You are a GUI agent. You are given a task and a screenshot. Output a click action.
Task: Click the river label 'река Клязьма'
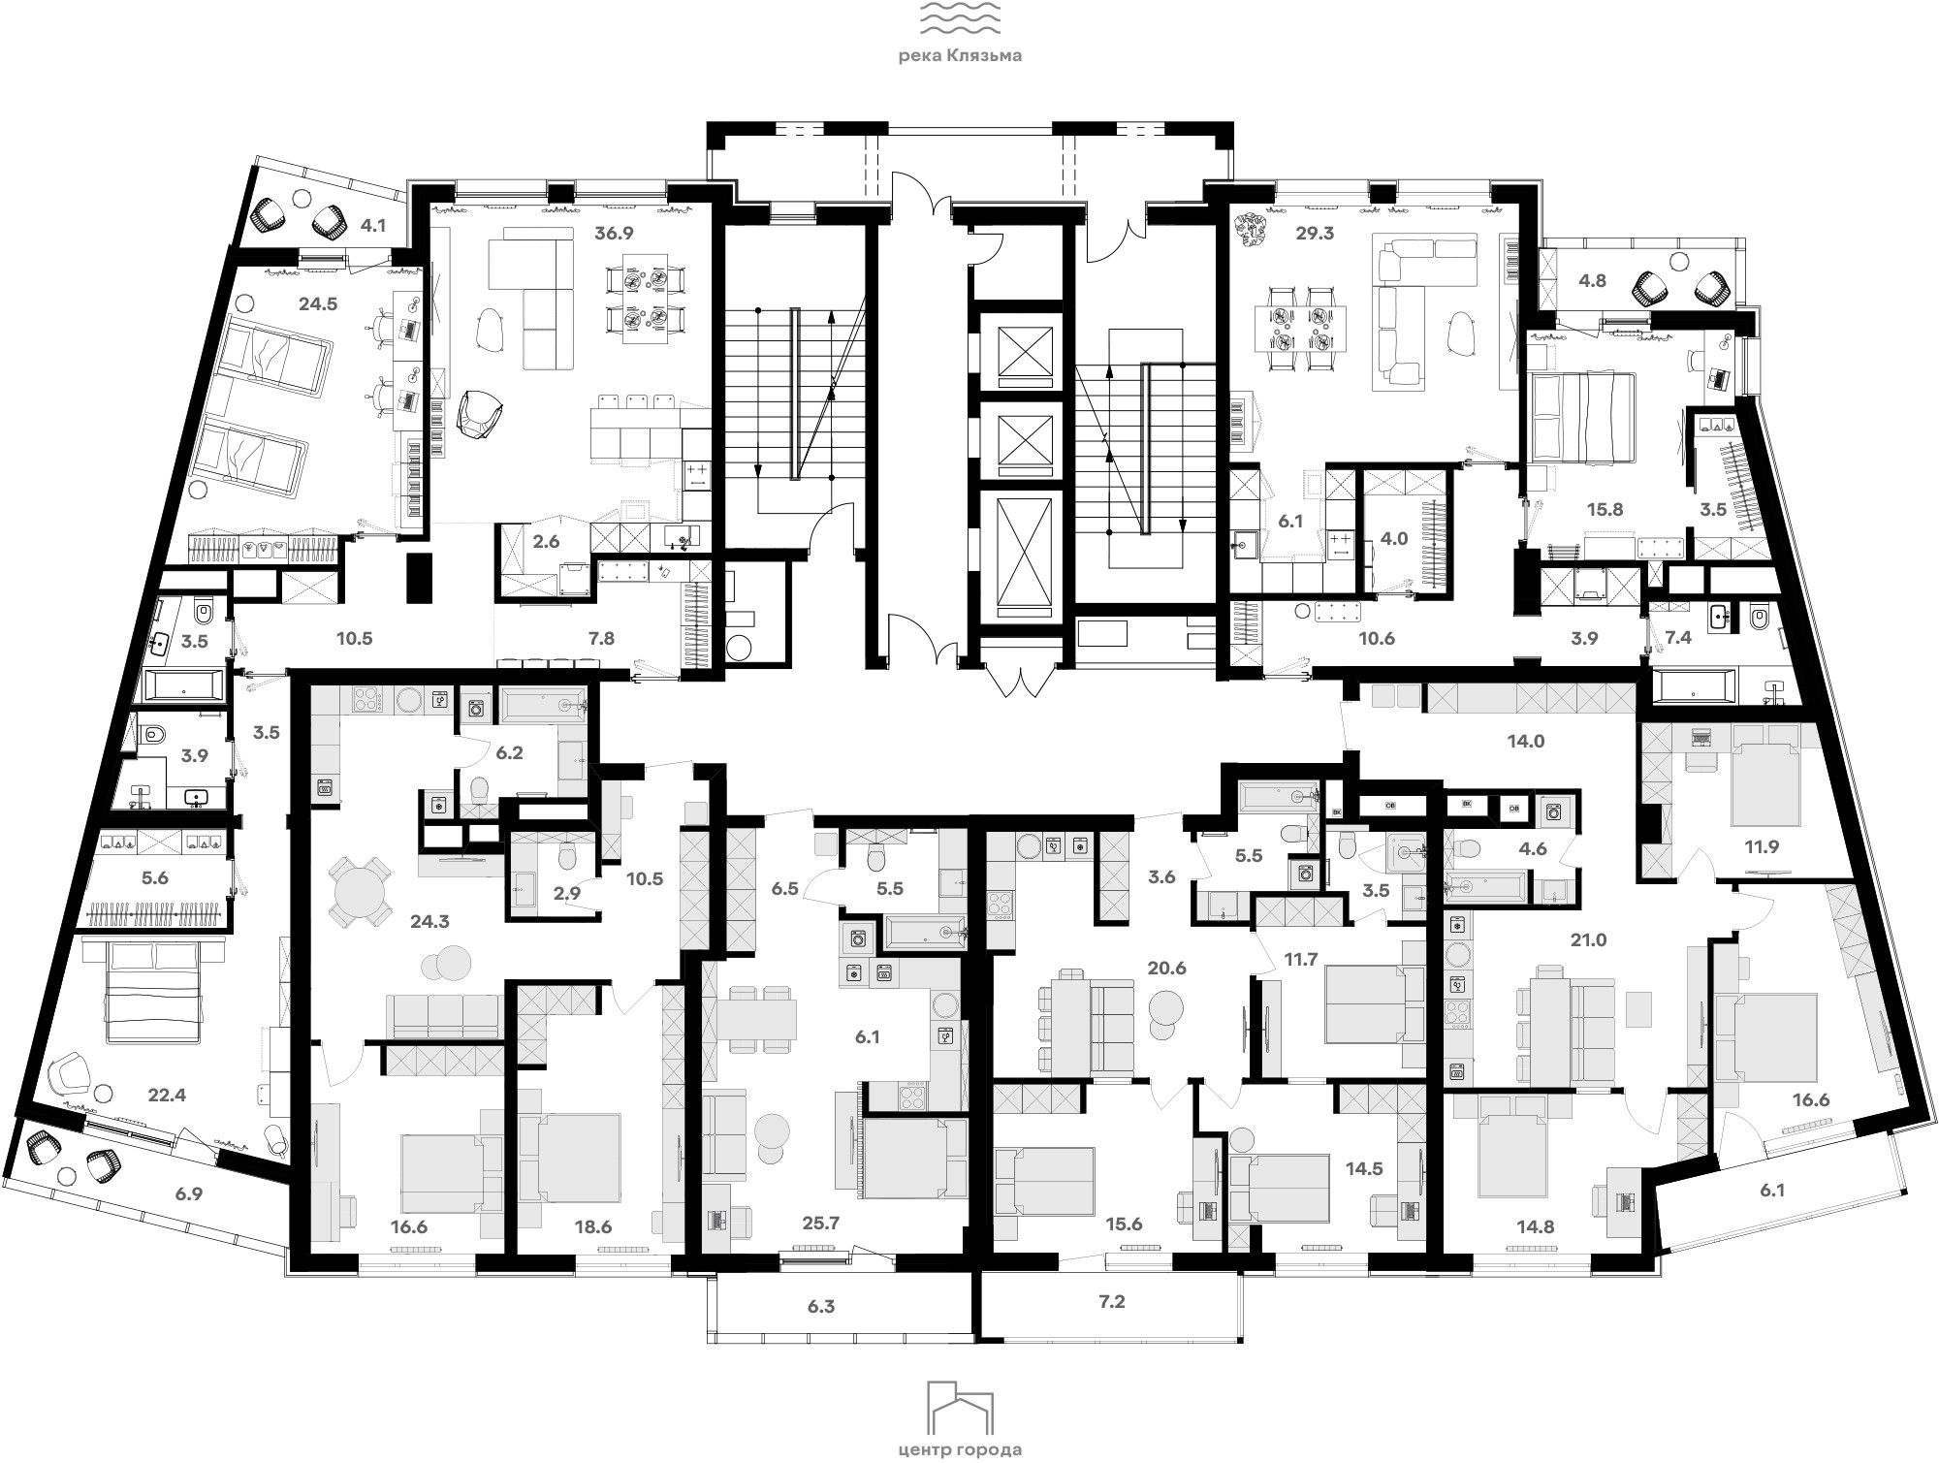(960, 56)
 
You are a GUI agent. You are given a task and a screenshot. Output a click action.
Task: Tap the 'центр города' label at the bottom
(960, 1450)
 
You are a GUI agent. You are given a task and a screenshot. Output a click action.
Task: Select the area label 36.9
(614, 233)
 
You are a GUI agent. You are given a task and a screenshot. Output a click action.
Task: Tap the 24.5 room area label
(318, 303)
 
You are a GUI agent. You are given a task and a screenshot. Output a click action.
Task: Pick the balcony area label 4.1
(373, 227)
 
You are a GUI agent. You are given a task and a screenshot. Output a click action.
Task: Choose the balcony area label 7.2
(1112, 1302)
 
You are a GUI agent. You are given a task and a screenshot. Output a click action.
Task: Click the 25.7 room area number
(821, 1223)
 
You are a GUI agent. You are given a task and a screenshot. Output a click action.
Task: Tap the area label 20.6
(1166, 968)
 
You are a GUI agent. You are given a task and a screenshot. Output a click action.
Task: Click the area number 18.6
(591, 1227)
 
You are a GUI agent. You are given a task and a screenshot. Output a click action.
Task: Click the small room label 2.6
(547, 542)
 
